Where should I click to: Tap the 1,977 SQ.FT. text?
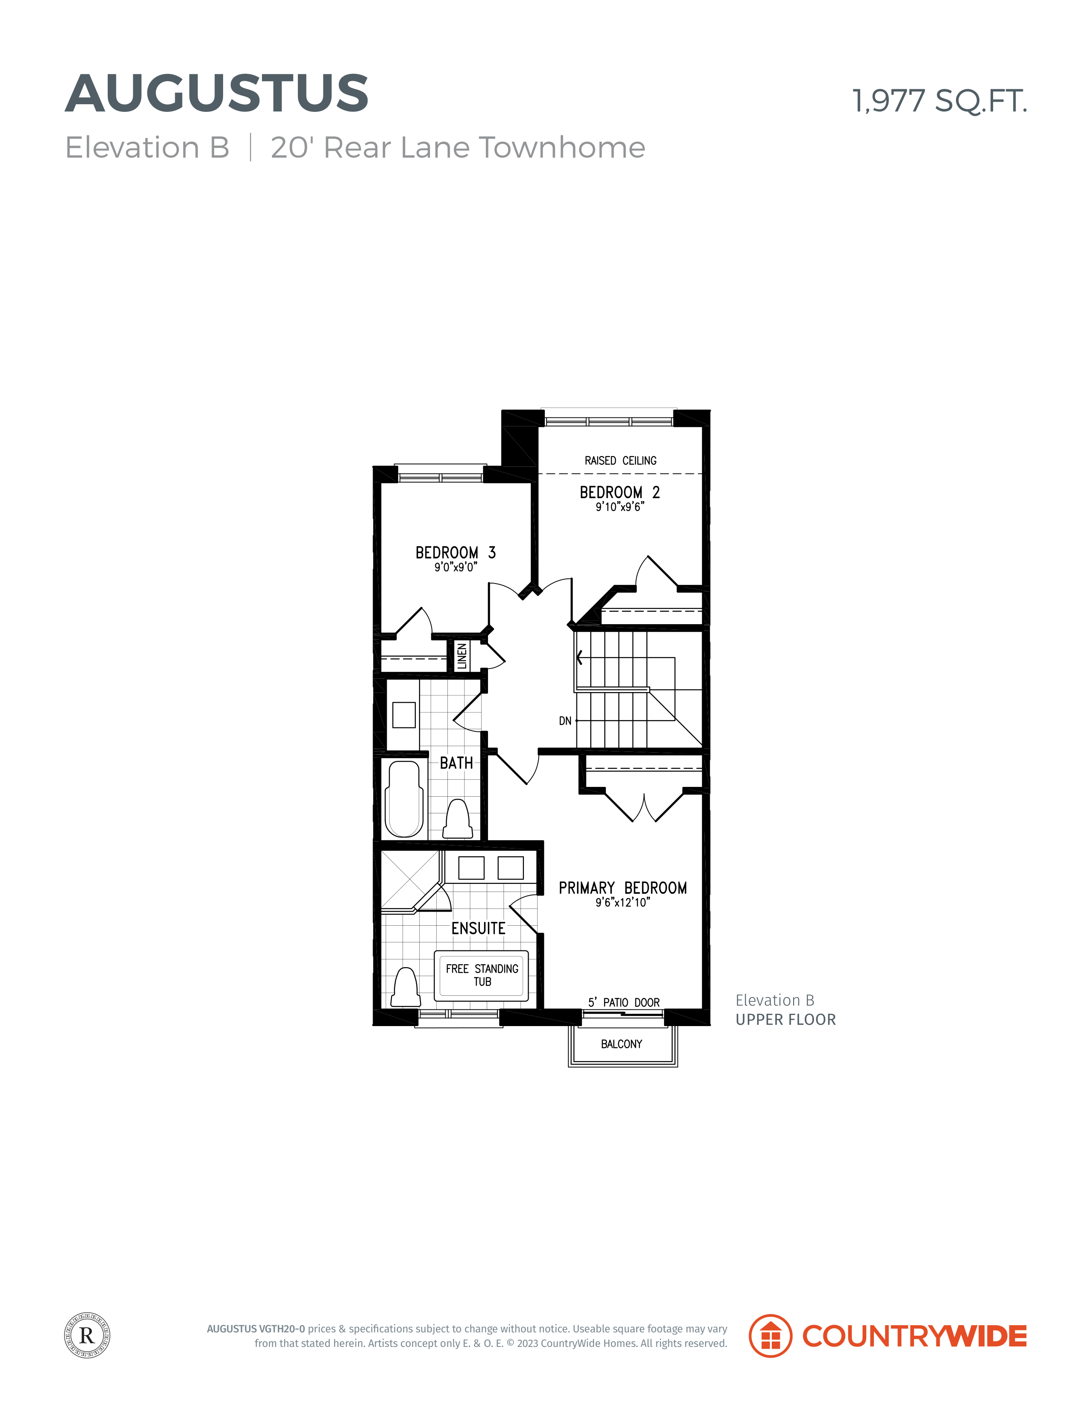coord(939,101)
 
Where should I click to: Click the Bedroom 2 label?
coord(620,492)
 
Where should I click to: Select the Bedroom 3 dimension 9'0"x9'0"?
coord(456,567)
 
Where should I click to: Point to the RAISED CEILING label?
coord(620,461)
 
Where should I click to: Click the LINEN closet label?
coord(462,657)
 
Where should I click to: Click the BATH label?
coord(456,763)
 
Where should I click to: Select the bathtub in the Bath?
coord(404,798)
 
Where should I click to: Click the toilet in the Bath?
coord(458,819)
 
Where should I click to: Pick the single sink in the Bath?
coord(404,715)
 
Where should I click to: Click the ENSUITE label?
coord(478,928)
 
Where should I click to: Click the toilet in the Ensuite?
coord(406,987)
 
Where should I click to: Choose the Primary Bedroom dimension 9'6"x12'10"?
coord(622,903)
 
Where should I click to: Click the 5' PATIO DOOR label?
coord(624,1003)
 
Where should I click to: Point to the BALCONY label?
coord(622,1044)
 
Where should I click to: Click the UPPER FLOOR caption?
coord(786,1020)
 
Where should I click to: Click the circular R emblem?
coord(87,1335)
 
